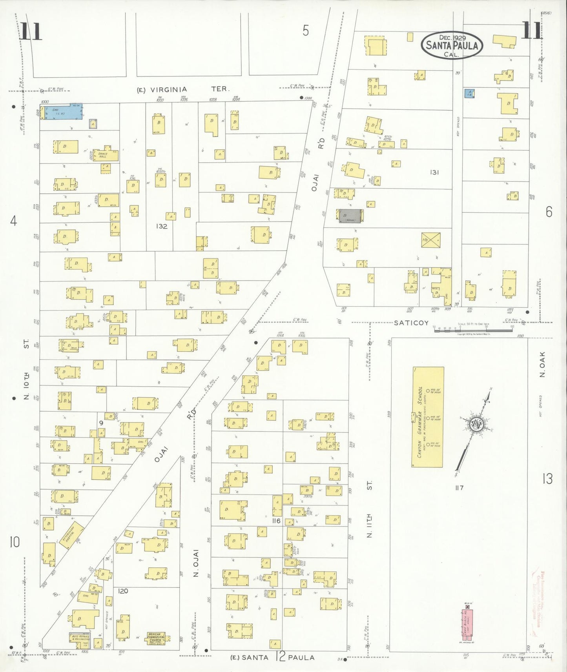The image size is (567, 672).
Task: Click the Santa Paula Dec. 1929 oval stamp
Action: tap(452, 45)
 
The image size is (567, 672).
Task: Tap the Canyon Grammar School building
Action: tap(428, 417)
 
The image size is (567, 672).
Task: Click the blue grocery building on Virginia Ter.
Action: tap(62, 112)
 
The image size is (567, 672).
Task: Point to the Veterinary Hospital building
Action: tap(71, 535)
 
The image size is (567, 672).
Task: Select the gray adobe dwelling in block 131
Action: tap(350, 216)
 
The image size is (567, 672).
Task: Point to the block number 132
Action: tap(161, 226)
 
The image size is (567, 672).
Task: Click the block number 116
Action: tap(276, 521)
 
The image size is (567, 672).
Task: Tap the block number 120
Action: tap(123, 591)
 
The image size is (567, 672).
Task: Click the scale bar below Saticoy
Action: tap(473, 330)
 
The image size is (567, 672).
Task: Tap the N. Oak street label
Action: tap(542, 364)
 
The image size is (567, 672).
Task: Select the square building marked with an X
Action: tap(430, 240)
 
